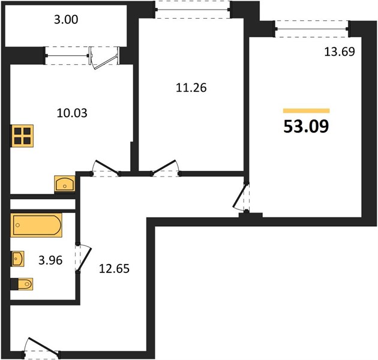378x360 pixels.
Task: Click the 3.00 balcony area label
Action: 66,20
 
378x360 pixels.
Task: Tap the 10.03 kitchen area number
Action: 72,113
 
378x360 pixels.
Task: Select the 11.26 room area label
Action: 191,88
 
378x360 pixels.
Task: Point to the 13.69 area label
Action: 340,52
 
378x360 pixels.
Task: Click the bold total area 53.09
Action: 306,127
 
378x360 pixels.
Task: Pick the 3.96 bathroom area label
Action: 50,260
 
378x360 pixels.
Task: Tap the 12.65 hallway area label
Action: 114,269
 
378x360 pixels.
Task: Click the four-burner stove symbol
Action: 22,136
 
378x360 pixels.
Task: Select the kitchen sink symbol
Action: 65,184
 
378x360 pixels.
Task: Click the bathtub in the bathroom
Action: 36,225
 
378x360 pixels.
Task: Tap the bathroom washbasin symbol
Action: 17,259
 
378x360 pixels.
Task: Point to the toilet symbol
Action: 22,284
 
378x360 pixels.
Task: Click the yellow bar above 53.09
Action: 306,110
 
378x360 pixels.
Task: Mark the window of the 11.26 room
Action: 193,10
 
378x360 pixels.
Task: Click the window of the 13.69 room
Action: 312,29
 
